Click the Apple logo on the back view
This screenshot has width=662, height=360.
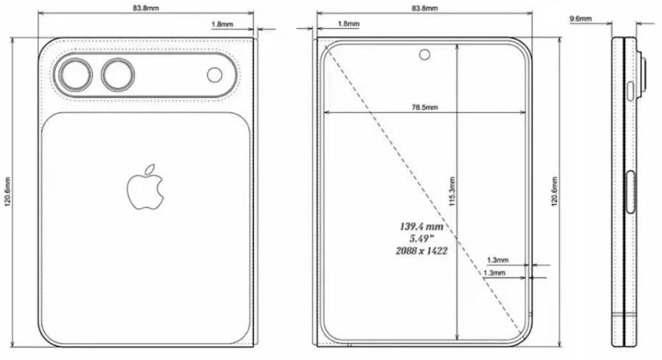[x=146, y=186]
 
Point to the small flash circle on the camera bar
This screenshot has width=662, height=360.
[x=215, y=74]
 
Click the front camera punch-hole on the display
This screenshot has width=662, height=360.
[x=424, y=54]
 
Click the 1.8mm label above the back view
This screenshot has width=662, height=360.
[x=222, y=24]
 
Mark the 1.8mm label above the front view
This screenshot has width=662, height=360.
[x=348, y=24]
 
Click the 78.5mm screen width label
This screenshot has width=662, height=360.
[x=425, y=108]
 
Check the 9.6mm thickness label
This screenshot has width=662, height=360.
[x=580, y=19]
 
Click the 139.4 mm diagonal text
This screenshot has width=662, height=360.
[x=421, y=226]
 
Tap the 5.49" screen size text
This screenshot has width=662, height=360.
[x=421, y=238]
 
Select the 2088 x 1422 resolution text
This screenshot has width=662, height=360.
[x=421, y=250]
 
